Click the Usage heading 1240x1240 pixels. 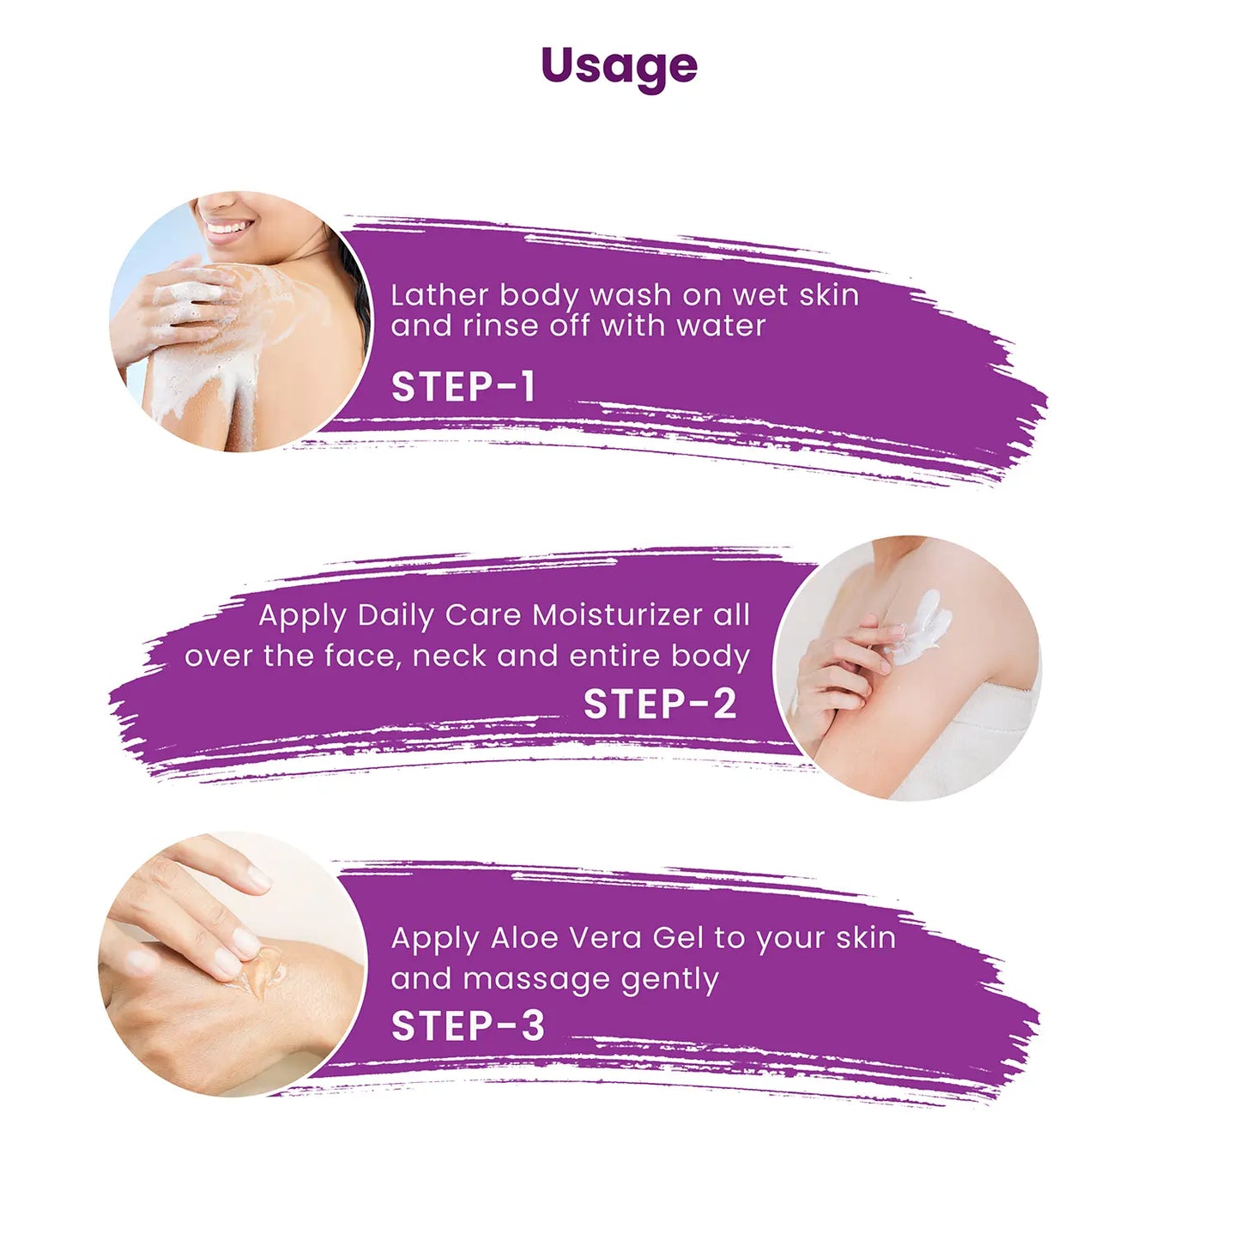619,68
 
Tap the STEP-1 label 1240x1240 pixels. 463,386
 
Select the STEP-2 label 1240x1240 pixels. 660,704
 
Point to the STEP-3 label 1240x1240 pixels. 468,1025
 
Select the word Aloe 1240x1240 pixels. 521,938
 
